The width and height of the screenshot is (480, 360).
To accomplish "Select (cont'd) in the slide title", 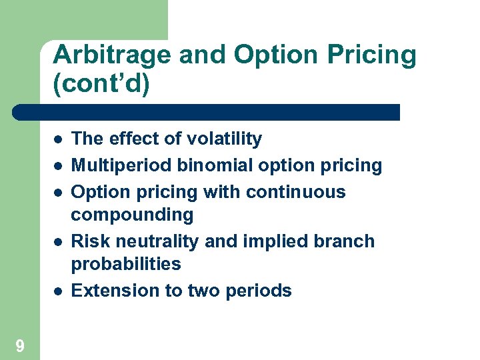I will pyautogui.click(x=101, y=85).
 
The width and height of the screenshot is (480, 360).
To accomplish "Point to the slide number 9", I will pyautogui.click(x=20, y=345).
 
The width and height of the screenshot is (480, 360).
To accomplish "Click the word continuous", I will pyautogui.click(x=295, y=192).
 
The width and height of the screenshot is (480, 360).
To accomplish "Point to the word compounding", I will pyautogui.click(x=132, y=215).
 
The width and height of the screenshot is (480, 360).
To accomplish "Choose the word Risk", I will pyautogui.click(x=89, y=241).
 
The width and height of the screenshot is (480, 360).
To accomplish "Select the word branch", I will pyautogui.click(x=346, y=241).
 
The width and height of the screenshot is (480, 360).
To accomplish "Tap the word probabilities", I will pyautogui.click(x=126, y=264).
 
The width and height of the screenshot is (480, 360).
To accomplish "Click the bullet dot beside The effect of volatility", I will pyautogui.click(x=59, y=140).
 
